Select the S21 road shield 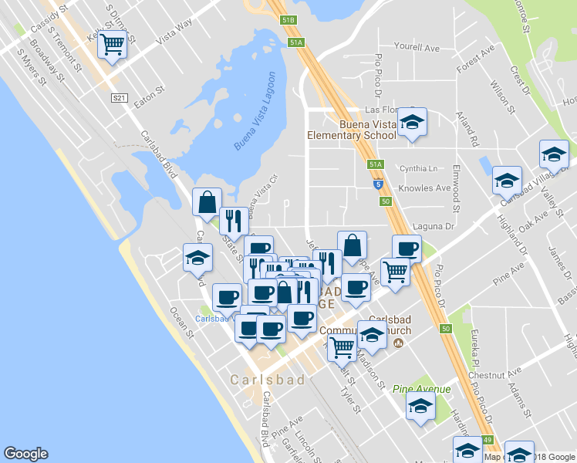click(x=119, y=98)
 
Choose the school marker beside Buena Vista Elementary click(x=413, y=123)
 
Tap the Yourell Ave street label click(x=417, y=48)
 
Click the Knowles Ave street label click(x=423, y=188)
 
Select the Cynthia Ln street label click(x=417, y=168)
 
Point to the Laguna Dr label click(x=434, y=226)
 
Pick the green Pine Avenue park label click(x=421, y=389)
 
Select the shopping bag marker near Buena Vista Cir click(x=208, y=202)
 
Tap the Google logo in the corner click(x=25, y=454)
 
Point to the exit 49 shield click(x=488, y=440)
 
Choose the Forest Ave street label click(x=475, y=63)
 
